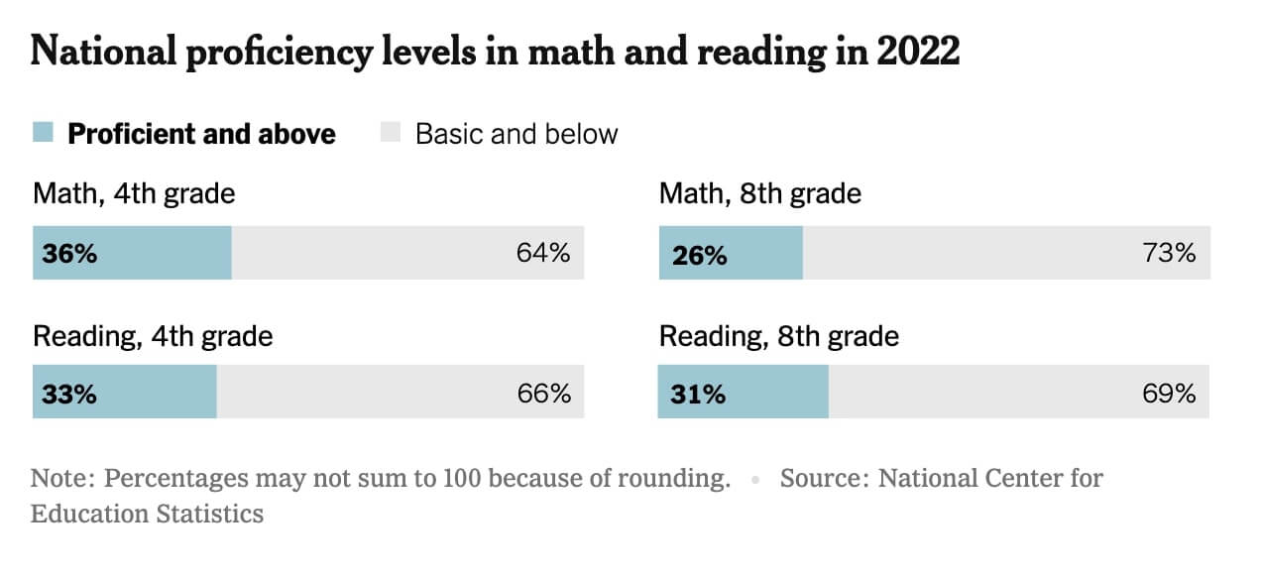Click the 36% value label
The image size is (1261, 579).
(x=69, y=253)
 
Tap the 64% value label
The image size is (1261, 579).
(x=543, y=253)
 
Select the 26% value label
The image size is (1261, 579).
(x=699, y=255)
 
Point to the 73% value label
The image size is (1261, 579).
(x=1169, y=253)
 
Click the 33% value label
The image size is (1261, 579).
(x=69, y=394)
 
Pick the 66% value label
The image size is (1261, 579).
(x=544, y=394)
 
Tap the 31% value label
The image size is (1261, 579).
(x=698, y=394)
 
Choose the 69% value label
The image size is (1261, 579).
(x=1169, y=394)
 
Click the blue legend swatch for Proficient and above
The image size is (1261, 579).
(x=43, y=133)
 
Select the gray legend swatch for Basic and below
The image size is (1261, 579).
(x=391, y=133)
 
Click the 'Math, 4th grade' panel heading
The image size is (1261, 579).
(x=134, y=192)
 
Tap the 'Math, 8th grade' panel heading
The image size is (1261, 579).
(x=760, y=192)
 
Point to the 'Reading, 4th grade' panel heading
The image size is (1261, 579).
(x=153, y=336)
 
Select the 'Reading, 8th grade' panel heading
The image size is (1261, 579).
(x=779, y=336)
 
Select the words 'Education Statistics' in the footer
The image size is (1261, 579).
(x=147, y=514)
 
